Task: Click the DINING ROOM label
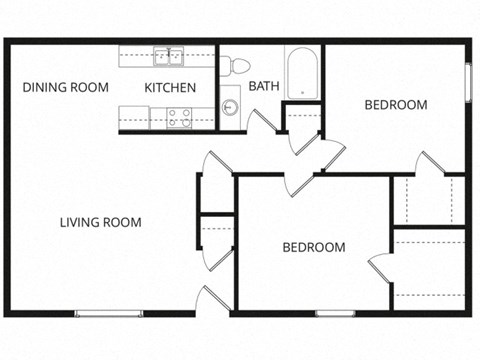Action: [x=65, y=88]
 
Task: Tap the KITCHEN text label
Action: [x=170, y=88]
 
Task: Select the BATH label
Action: [x=264, y=86]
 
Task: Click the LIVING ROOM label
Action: [x=99, y=222]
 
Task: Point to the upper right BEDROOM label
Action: [x=395, y=105]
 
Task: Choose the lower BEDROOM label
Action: [x=313, y=248]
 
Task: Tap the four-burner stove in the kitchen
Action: [x=179, y=118]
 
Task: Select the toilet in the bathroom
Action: [x=238, y=65]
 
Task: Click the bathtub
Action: [x=302, y=72]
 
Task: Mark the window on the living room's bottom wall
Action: [x=109, y=314]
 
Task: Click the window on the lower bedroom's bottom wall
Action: [x=336, y=314]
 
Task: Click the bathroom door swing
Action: [x=262, y=122]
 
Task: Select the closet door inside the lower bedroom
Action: [x=381, y=268]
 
